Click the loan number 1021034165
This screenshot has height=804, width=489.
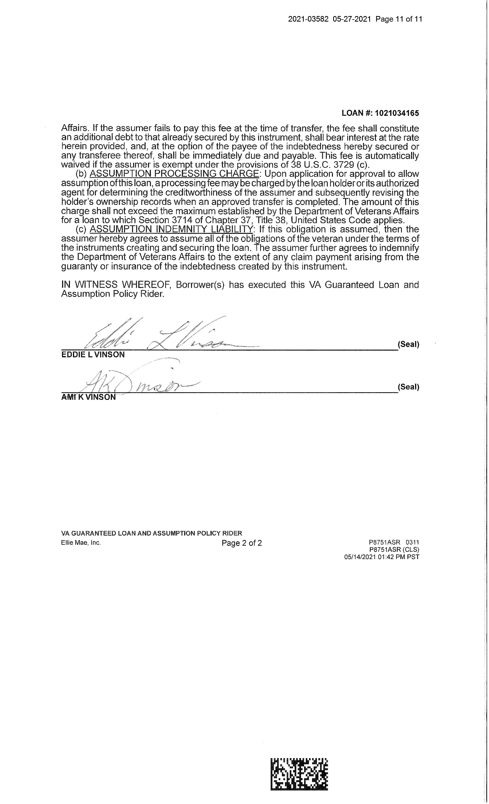397,113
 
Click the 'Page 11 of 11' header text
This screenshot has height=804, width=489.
399,19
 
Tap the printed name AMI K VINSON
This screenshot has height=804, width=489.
88,397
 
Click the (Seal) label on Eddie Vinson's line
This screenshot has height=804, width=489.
408,344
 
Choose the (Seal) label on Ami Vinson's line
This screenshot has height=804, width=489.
408,387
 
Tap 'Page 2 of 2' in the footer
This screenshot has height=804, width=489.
242,543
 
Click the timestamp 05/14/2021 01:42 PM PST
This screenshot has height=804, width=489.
382,557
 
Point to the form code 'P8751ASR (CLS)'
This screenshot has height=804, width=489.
394,550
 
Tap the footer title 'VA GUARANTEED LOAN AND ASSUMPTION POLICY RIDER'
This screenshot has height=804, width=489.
152,533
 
